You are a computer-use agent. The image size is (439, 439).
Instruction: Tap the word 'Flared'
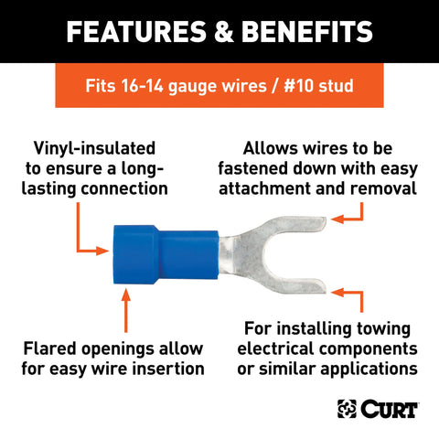click(x=59, y=350)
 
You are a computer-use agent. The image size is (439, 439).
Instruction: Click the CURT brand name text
click(x=391, y=407)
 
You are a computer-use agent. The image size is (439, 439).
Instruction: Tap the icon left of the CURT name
click(x=348, y=407)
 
